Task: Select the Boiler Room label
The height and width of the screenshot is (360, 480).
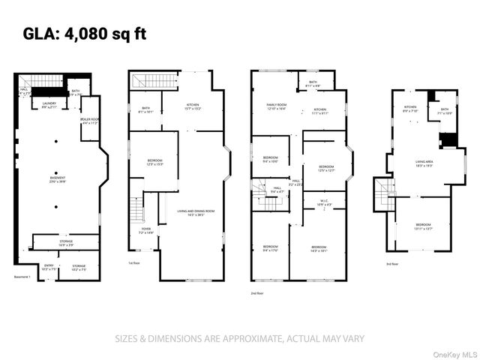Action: [90, 121]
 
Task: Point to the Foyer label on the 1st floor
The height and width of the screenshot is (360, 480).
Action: [145, 231]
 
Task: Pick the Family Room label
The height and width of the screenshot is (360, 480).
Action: [277, 106]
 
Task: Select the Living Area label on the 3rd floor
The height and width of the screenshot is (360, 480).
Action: [424, 163]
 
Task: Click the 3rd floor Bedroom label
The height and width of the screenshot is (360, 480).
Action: [424, 227]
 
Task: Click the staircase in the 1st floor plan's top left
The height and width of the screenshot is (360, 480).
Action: [154, 79]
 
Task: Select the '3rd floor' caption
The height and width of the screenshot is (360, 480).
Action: [393, 263]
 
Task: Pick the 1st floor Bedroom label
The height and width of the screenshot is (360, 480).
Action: [154, 162]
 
